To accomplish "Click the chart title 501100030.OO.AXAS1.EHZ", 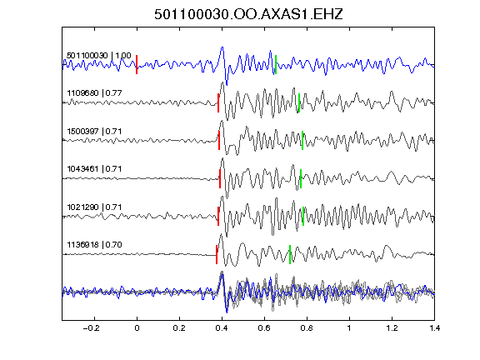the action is point(248,14).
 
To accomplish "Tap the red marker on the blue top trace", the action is point(137,65).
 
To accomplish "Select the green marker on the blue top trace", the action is point(276,65).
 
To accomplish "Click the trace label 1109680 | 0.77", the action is point(94,92).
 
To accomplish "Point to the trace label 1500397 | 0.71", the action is point(94,132).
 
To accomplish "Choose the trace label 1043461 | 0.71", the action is point(94,168).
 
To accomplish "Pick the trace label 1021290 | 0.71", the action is point(94,207).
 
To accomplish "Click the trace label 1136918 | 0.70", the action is point(94,245).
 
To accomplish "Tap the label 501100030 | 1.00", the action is point(99,55).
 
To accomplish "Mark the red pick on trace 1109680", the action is point(218,102).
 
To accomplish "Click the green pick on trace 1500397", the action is point(302,141).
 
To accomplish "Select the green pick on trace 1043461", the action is point(301,178).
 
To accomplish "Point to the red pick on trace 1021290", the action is point(218,216).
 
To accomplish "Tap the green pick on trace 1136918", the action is point(290,254).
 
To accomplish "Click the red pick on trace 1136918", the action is point(217,254).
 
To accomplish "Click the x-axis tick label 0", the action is point(137,328).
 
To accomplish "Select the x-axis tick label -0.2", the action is point(91,328).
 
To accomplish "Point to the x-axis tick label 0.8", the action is point(307,328).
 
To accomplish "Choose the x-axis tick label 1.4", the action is point(434,328).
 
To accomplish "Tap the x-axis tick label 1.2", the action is point(392,328).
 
